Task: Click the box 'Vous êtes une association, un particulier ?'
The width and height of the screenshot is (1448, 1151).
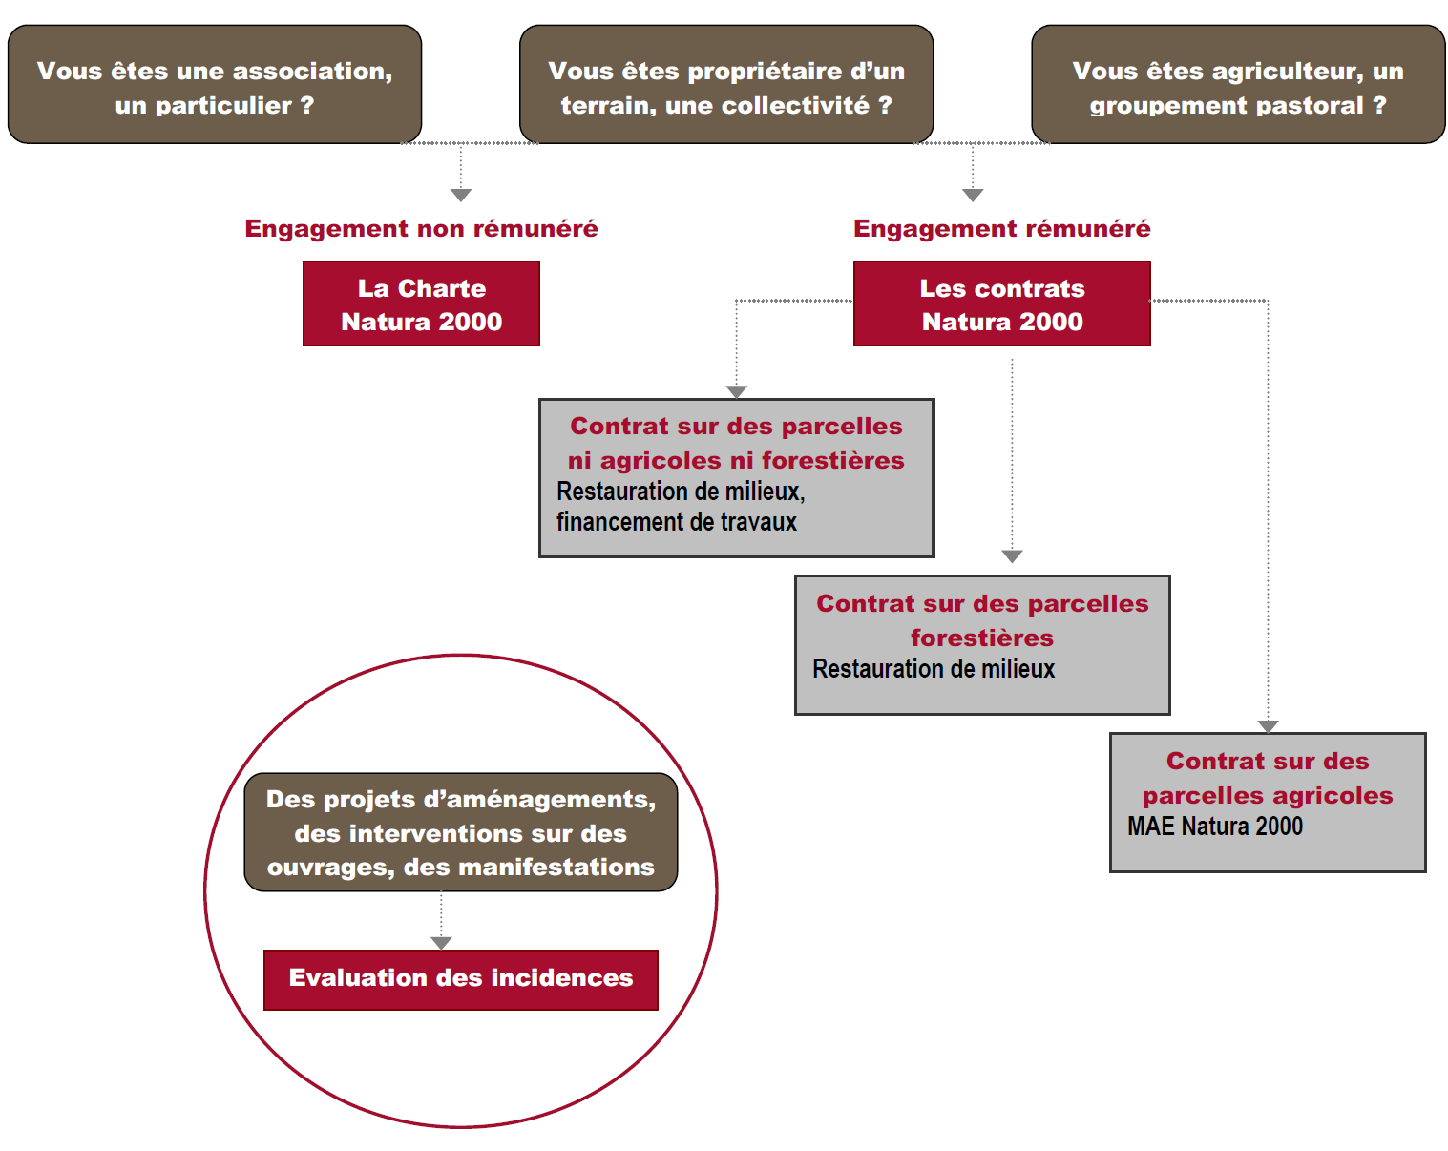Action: click(215, 86)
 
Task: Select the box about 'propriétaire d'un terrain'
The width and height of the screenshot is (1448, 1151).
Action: click(726, 86)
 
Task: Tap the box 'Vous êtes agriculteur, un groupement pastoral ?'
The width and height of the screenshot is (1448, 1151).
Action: click(1238, 86)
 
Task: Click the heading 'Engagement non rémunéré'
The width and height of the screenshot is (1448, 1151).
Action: click(421, 229)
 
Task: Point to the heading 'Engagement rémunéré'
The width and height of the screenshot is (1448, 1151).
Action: click(1001, 229)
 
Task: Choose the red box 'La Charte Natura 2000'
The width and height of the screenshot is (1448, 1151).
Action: click(421, 304)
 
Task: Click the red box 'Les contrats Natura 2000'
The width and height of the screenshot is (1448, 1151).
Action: click(1001, 304)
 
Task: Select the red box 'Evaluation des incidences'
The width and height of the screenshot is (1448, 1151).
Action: click(460, 979)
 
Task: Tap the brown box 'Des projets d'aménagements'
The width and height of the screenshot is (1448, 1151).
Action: click(460, 832)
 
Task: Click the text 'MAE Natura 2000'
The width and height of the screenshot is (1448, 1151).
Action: click(1214, 827)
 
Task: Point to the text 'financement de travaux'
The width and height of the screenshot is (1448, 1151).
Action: click(676, 522)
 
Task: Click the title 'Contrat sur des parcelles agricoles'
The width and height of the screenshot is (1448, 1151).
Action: click(1268, 778)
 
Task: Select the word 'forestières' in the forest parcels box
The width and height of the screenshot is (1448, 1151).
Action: click(981, 638)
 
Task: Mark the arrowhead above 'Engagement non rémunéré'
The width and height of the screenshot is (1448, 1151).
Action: click(461, 195)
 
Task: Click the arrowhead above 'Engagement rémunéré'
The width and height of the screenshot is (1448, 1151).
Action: click(973, 195)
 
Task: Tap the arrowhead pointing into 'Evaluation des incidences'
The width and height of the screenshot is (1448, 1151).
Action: click(441, 943)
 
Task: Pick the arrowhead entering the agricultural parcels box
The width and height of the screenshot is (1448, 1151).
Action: click(1268, 726)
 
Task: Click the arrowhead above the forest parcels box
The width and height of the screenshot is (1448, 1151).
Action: click(1012, 556)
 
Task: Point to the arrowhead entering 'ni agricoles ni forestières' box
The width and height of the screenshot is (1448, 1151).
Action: click(736, 391)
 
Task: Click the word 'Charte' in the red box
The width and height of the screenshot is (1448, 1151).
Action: click(441, 288)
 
